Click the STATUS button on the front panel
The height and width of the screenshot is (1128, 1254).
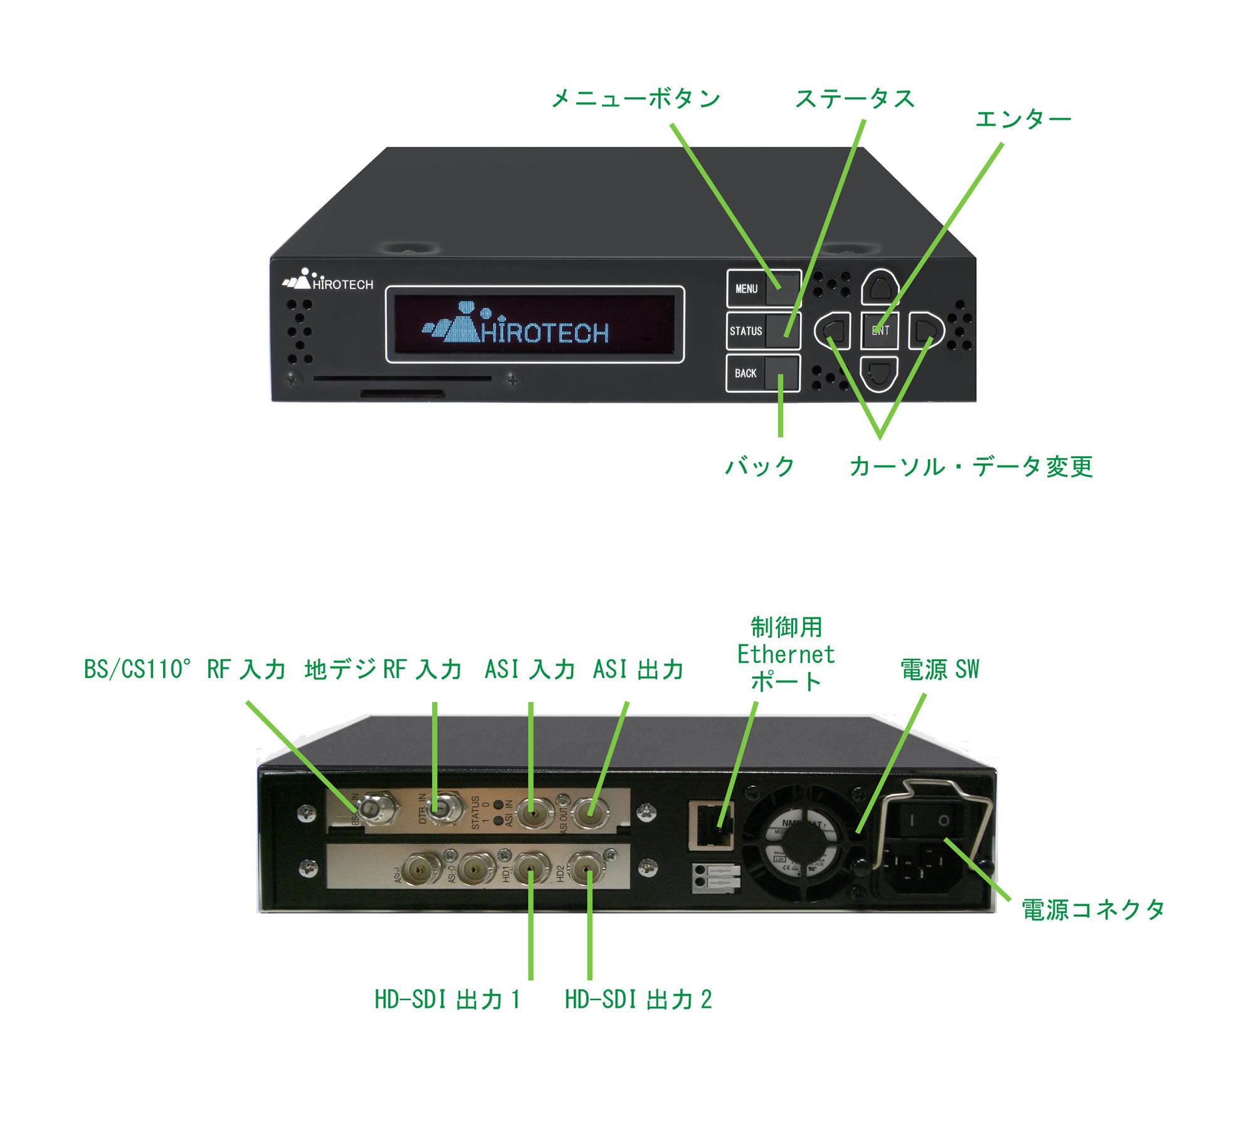763,331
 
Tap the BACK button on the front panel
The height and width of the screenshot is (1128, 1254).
763,373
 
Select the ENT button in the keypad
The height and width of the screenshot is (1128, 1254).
880,330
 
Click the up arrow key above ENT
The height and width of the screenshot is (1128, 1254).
880,288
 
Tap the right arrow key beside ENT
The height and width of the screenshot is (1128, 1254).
925,330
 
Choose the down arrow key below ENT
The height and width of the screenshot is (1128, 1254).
879,373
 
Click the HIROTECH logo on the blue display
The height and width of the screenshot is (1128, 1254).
516,325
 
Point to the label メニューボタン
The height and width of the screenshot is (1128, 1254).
636,99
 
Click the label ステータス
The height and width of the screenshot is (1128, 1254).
855,99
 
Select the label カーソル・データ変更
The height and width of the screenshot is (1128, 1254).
971,467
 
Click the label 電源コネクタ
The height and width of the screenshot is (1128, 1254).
1093,909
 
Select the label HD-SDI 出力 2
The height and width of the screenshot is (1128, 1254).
638,1000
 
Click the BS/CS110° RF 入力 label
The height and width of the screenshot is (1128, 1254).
185,669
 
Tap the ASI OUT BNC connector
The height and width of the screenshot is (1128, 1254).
590,813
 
